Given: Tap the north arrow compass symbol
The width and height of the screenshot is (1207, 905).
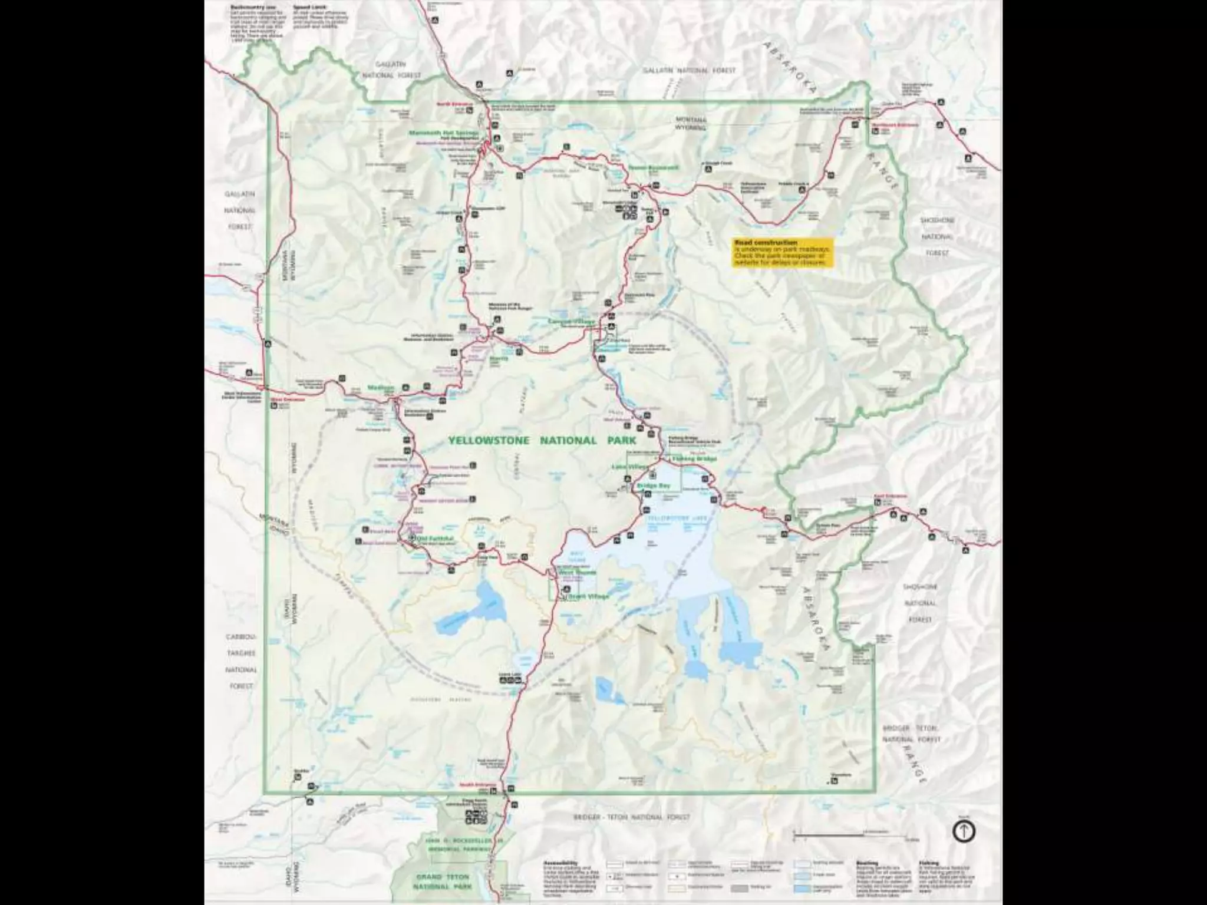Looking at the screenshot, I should point(964,831).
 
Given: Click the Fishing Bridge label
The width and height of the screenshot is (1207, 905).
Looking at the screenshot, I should point(694,458).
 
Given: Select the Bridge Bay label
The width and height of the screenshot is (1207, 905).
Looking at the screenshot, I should point(654,485).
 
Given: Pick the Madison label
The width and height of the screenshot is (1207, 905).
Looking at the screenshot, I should point(380,388).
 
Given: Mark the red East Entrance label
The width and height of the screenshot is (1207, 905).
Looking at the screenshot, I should point(889,496).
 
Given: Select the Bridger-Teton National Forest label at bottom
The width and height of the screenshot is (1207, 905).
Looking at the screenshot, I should point(631,817).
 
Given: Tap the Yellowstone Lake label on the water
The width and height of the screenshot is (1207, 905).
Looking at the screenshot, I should point(668,518).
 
